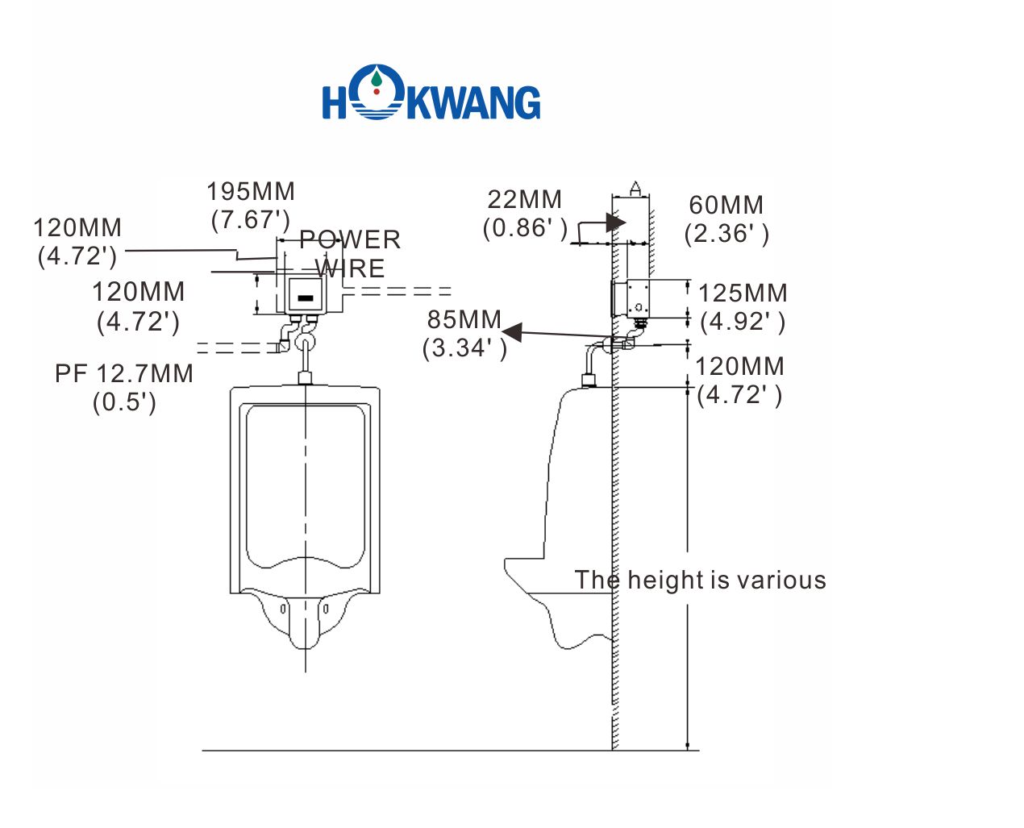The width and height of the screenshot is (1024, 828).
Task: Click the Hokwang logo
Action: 431,95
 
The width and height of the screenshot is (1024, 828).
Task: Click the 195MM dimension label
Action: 251,192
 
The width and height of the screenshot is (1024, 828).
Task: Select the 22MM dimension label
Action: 524,199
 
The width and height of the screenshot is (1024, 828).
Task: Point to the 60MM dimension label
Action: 726,205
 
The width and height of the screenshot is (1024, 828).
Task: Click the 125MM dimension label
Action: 742,293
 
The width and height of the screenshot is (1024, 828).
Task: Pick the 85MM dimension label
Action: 464,319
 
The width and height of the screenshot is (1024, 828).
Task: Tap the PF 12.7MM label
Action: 124,373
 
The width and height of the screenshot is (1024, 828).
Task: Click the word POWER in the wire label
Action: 350,239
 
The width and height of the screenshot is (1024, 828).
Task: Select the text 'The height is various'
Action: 700,580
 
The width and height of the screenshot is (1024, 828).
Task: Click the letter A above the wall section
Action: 635,189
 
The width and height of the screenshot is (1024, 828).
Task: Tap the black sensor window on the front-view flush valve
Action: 305,298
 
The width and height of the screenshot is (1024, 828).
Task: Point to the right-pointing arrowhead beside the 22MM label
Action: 616,222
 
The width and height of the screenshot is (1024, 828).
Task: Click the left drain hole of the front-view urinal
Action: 283,609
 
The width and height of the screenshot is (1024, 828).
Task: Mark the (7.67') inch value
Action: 251,219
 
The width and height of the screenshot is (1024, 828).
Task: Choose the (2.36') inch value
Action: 726,233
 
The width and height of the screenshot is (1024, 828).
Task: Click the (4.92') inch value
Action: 742,322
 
